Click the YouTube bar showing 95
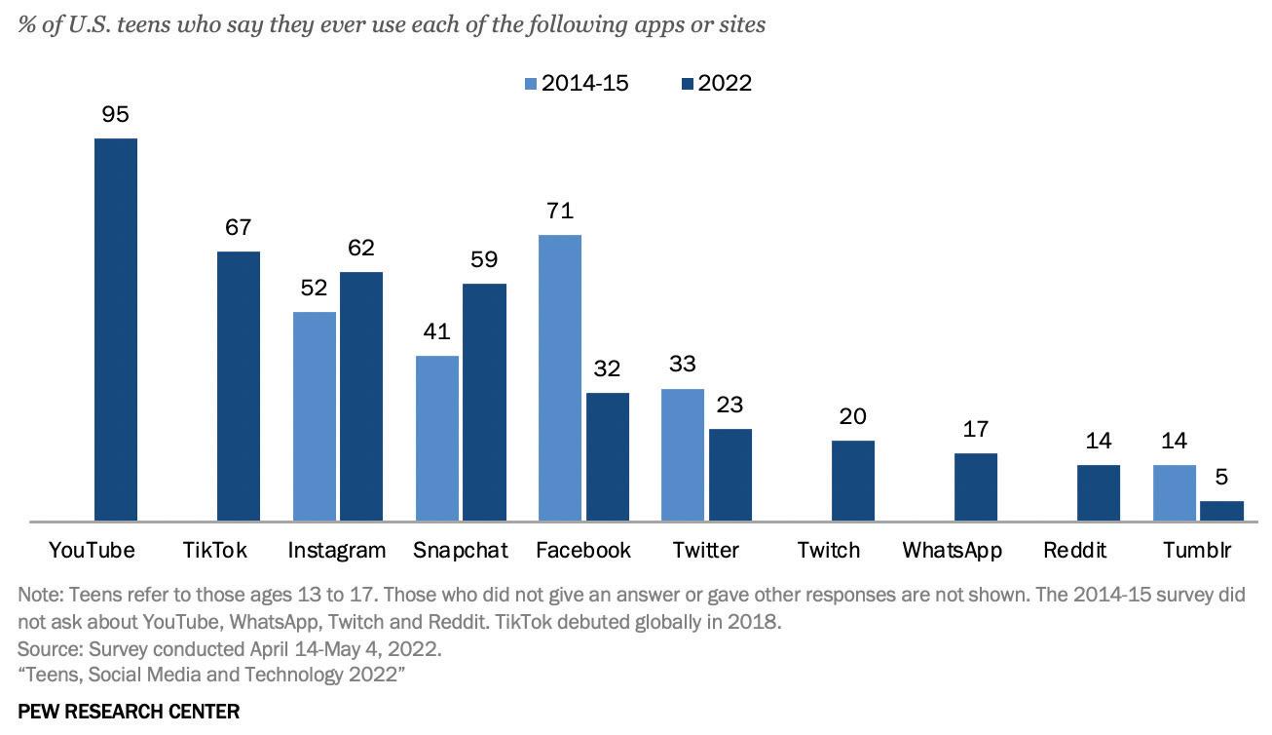coord(116,329)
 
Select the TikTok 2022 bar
coord(239,386)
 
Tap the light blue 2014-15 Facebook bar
coord(560,378)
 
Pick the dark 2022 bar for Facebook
coord(608,457)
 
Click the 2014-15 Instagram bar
coord(315,416)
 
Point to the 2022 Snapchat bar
coord(484,403)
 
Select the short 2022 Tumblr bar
coord(1222,512)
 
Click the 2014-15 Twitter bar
coord(683,455)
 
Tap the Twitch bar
coord(853,481)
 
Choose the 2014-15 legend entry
coord(577,83)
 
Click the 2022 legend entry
coord(717,83)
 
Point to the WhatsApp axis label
coord(952,550)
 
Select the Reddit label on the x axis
coord(1074,550)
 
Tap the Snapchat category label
coord(461,550)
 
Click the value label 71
coord(560,211)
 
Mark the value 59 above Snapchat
coord(484,259)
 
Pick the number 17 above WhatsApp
coord(976,429)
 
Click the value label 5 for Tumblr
coord(1222,478)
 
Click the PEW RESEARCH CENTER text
coord(129,712)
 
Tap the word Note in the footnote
coord(38,595)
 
